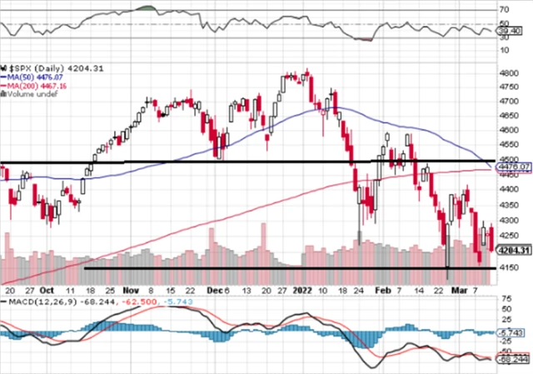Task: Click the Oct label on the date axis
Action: [x=50, y=292]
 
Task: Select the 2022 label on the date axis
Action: [x=301, y=292]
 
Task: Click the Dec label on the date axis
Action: [x=212, y=292]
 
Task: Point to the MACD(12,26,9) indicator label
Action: [x=32, y=301]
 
